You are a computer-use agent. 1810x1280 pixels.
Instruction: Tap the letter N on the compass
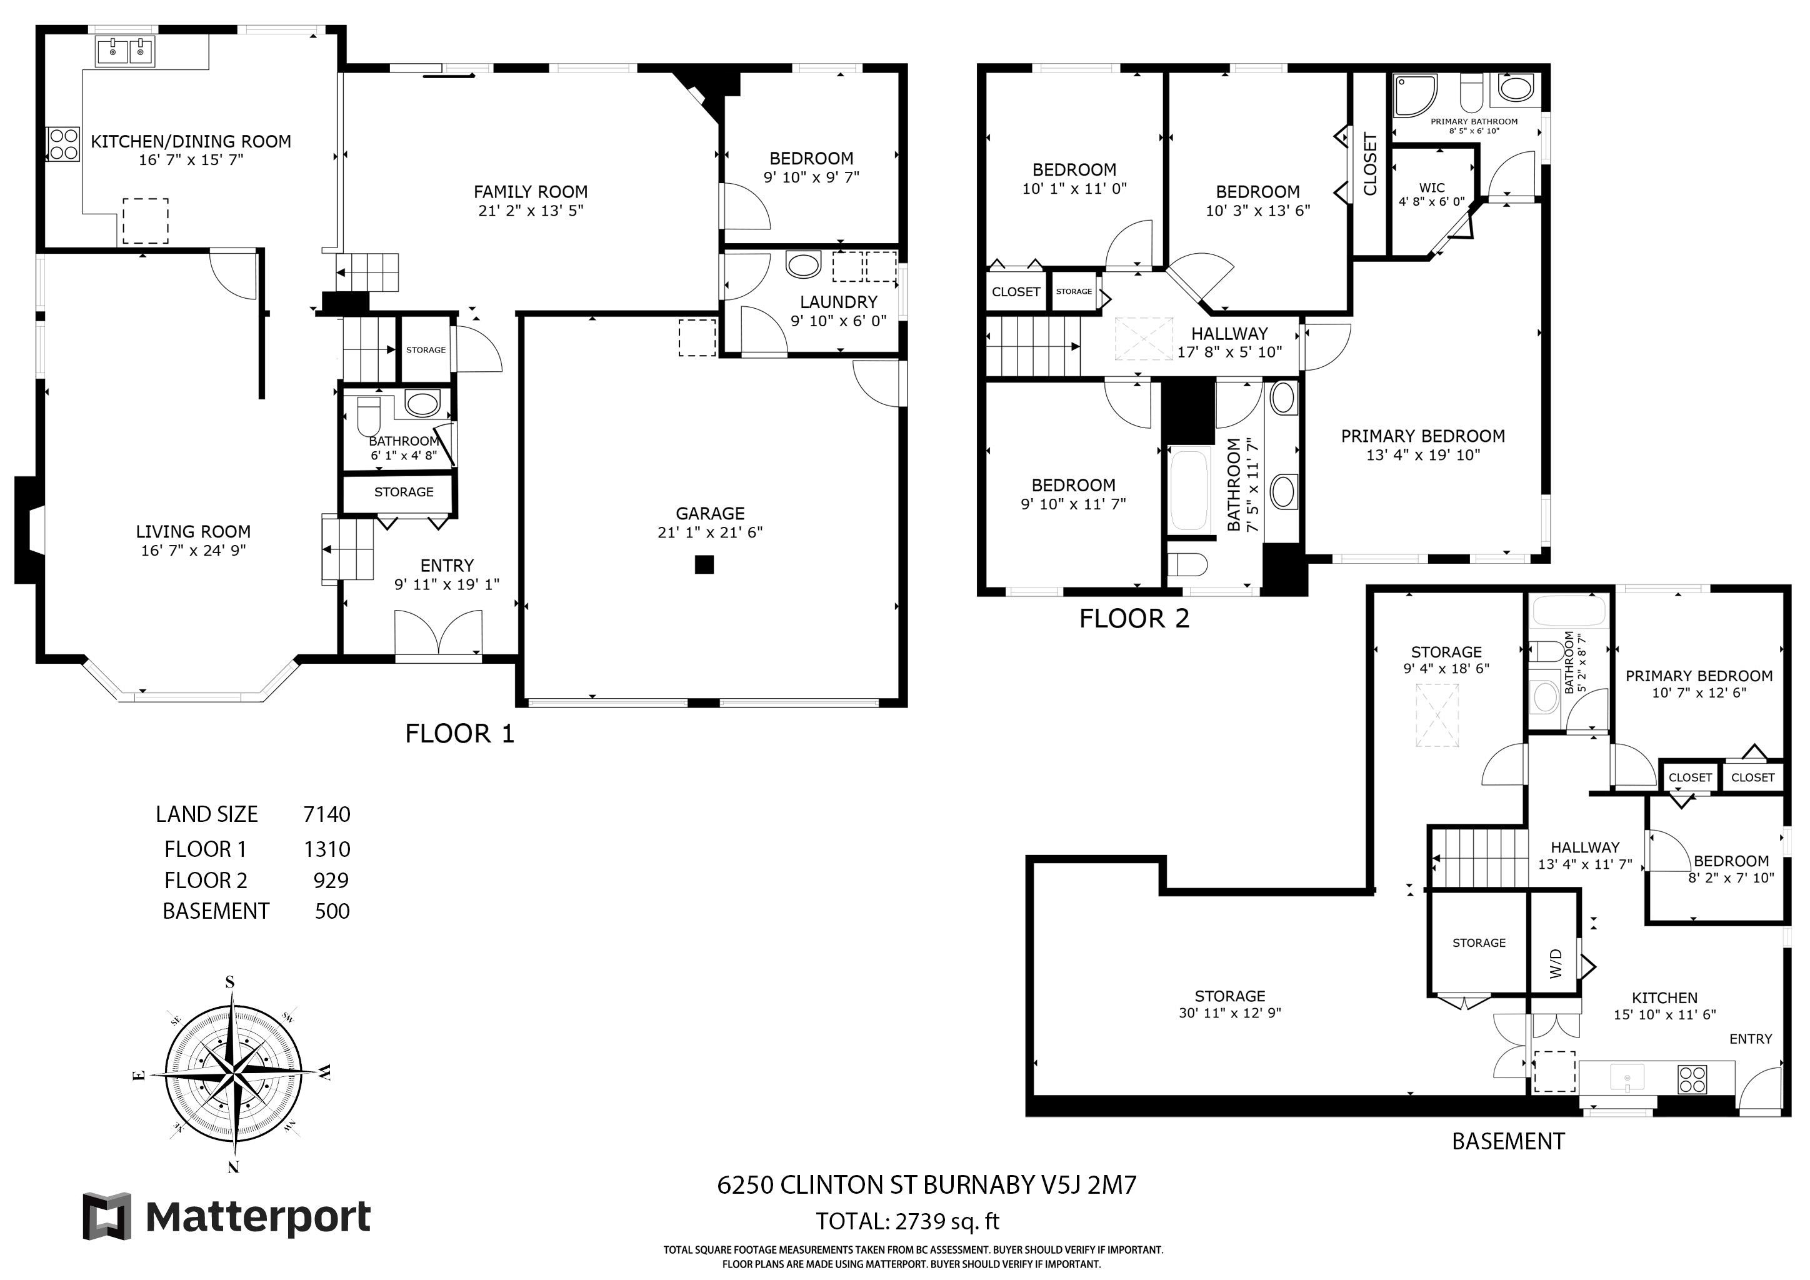(232, 1167)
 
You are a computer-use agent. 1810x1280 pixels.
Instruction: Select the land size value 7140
(326, 814)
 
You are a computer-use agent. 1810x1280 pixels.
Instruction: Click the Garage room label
(709, 513)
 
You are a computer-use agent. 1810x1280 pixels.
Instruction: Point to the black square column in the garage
(704, 564)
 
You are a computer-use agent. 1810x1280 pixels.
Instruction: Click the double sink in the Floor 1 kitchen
(126, 52)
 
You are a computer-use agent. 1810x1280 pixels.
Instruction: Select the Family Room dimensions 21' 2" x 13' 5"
(531, 211)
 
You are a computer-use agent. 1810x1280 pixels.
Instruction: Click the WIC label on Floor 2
(1432, 187)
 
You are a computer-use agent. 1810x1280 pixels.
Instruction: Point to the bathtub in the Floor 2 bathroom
(1189, 490)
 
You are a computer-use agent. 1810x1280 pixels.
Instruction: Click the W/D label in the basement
(1556, 963)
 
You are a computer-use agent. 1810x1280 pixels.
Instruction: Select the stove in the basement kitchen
(1692, 1079)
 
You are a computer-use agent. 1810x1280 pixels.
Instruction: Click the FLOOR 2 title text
(1134, 619)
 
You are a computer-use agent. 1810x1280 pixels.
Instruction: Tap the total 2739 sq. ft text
(907, 1222)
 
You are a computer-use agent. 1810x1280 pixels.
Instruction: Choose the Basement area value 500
(332, 911)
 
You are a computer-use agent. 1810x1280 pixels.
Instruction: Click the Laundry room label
(838, 302)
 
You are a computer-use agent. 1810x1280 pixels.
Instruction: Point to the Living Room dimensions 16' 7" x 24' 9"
(193, 550)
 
